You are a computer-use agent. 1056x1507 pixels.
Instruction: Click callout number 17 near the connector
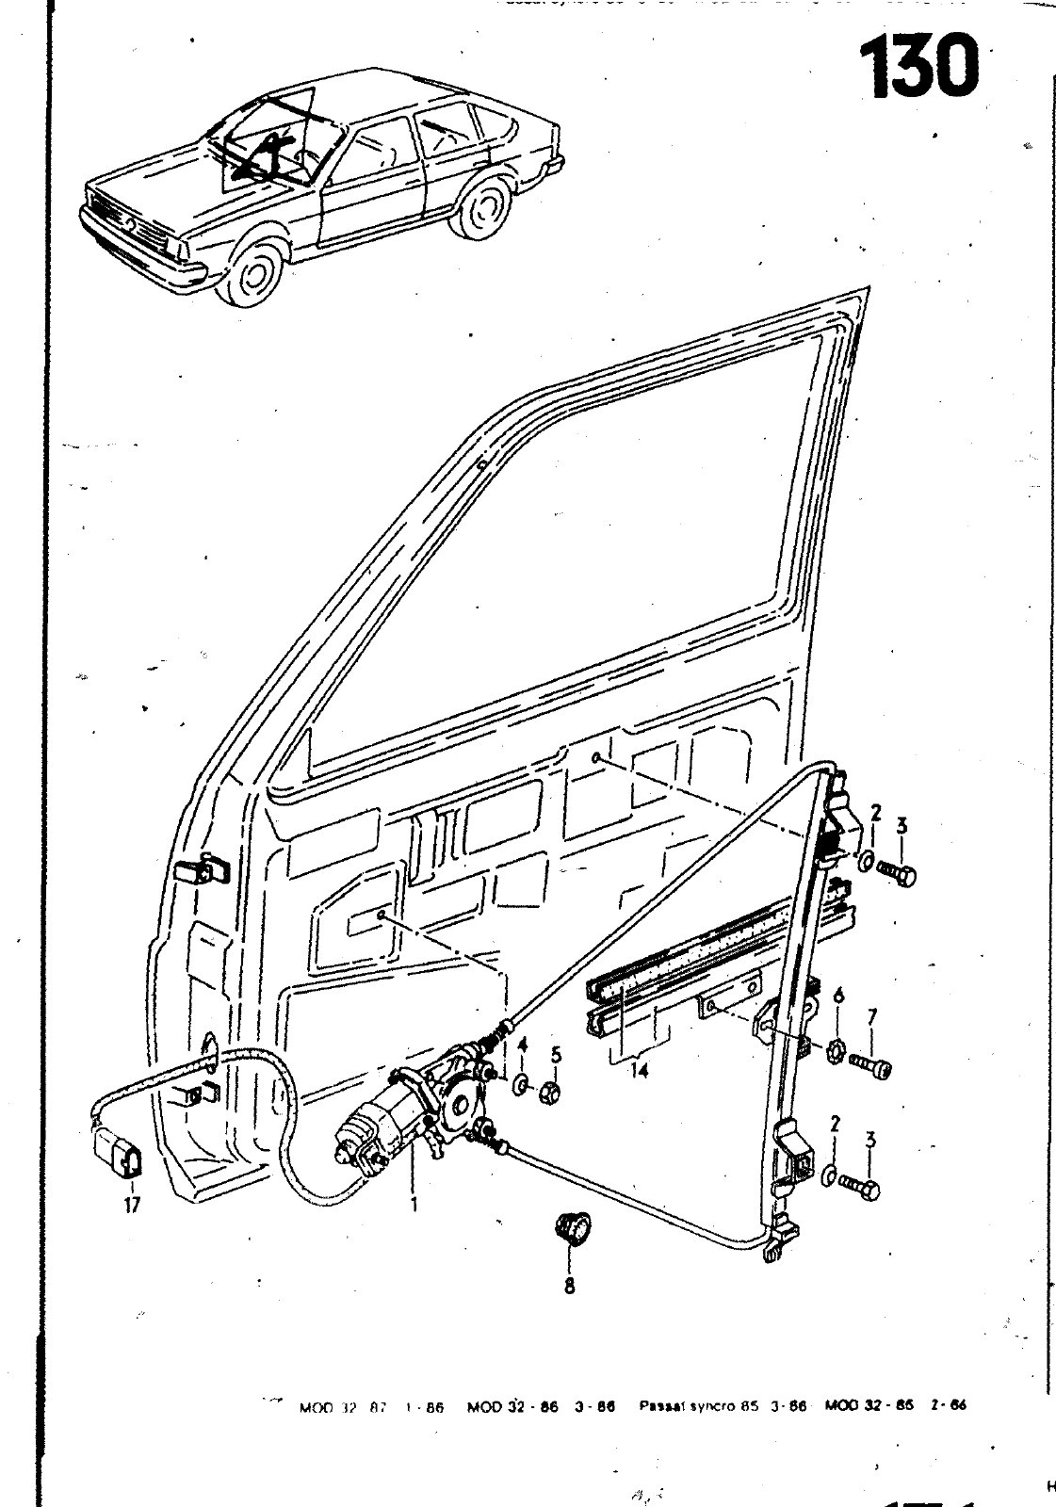point(132,1205)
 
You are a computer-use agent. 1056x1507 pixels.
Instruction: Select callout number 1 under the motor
point(412,1203)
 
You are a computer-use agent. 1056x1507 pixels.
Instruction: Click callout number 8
point(570,1284)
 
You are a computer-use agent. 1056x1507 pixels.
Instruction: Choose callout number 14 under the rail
point(639,1072)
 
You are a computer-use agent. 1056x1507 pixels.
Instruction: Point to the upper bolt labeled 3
point(896,871)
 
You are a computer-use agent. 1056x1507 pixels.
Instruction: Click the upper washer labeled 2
point(864,860)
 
